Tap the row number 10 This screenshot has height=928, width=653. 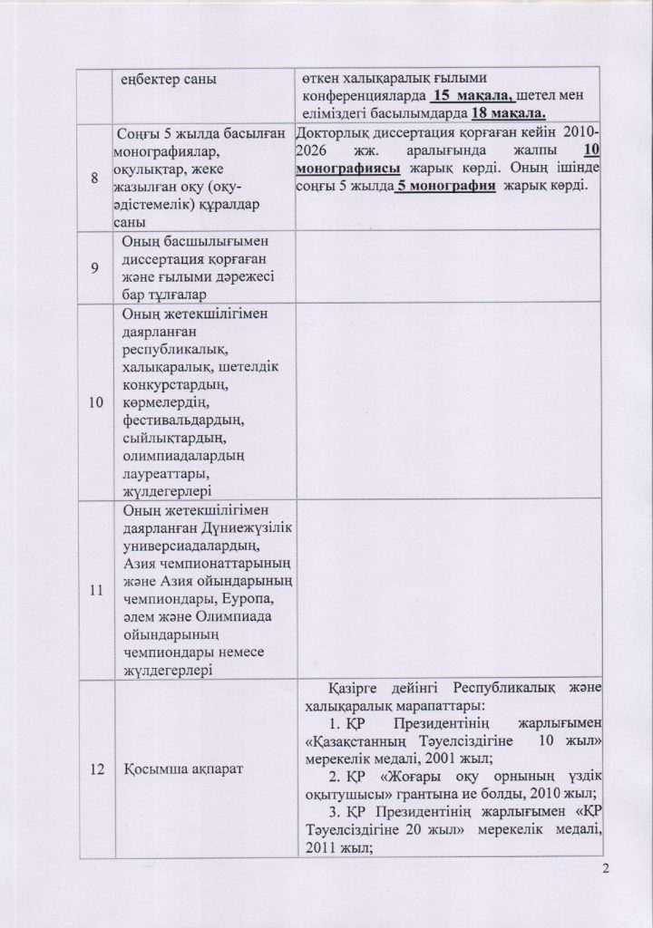coord(94,401)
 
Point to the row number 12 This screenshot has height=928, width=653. coord(94,769)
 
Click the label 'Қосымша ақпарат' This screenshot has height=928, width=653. coord(169,769)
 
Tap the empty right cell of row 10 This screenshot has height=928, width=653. coord(449,401)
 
